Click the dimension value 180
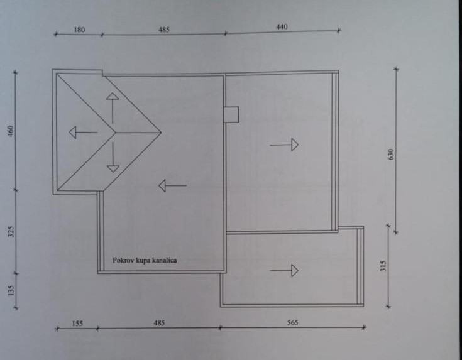click(x=79, y=28)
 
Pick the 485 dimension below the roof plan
click(x=159, y=322)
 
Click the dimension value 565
click(x=292, y=322)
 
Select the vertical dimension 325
click(x=11, y=231)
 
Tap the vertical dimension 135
click(x=11, y=290)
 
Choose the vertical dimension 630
click(x=390, y=154)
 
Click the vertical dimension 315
click(x=383, y=265)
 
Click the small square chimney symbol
click(x=231, y=114)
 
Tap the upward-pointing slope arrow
click(x=112, y=107)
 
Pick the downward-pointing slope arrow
click(x=113, y=158)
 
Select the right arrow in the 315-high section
click(x=284, y=271)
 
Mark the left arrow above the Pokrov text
click(x=172, y=185)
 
